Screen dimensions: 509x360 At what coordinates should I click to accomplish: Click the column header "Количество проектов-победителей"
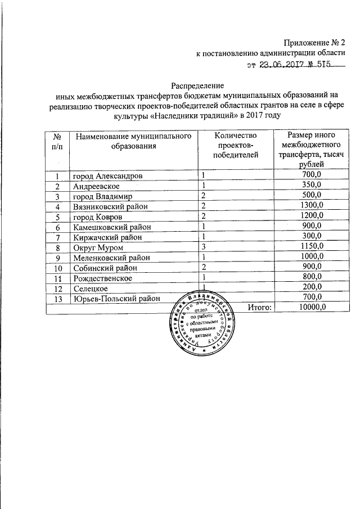point(235,143)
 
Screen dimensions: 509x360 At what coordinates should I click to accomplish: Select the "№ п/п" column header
point(57,141)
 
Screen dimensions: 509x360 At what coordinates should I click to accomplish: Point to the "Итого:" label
point(259,307)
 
